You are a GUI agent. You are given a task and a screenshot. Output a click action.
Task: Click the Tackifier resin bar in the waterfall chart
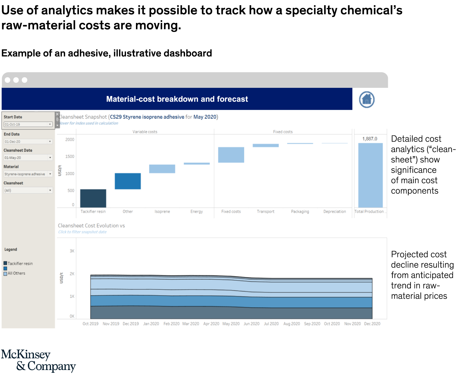point(93,198)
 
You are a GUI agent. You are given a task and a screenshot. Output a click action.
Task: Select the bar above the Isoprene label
point(162,169)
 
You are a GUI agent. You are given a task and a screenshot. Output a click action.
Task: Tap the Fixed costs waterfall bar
point(231,155)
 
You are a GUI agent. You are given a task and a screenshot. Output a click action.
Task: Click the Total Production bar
point(370,175)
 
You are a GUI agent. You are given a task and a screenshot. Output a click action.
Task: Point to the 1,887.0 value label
point(370,139)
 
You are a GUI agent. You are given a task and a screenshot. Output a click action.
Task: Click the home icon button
point(367,99)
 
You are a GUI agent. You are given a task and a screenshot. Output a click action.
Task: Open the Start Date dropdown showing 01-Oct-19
point(28,124)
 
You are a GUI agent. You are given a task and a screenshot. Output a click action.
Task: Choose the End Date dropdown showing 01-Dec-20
point(28,142)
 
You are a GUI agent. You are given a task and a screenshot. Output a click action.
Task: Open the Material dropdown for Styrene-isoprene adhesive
point(28,174)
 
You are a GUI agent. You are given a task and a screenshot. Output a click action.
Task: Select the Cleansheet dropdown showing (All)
point(28,190)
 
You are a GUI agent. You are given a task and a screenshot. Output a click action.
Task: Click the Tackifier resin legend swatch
point(5,263)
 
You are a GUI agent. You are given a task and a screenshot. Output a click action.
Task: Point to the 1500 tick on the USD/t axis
point(70,157)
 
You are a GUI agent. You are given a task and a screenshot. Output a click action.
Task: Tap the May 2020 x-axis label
point(231,324)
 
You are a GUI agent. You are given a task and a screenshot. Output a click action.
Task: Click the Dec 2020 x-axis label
point(372,324)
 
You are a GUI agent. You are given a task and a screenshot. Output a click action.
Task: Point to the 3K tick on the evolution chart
point(72,251)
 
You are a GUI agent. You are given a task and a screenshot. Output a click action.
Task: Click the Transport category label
point(266,212)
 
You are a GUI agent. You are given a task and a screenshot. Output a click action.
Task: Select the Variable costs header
point(145,132)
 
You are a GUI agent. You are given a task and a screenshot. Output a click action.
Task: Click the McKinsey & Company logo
point(38,360)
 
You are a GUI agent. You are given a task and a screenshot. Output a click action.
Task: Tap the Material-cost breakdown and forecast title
point(177,99)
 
